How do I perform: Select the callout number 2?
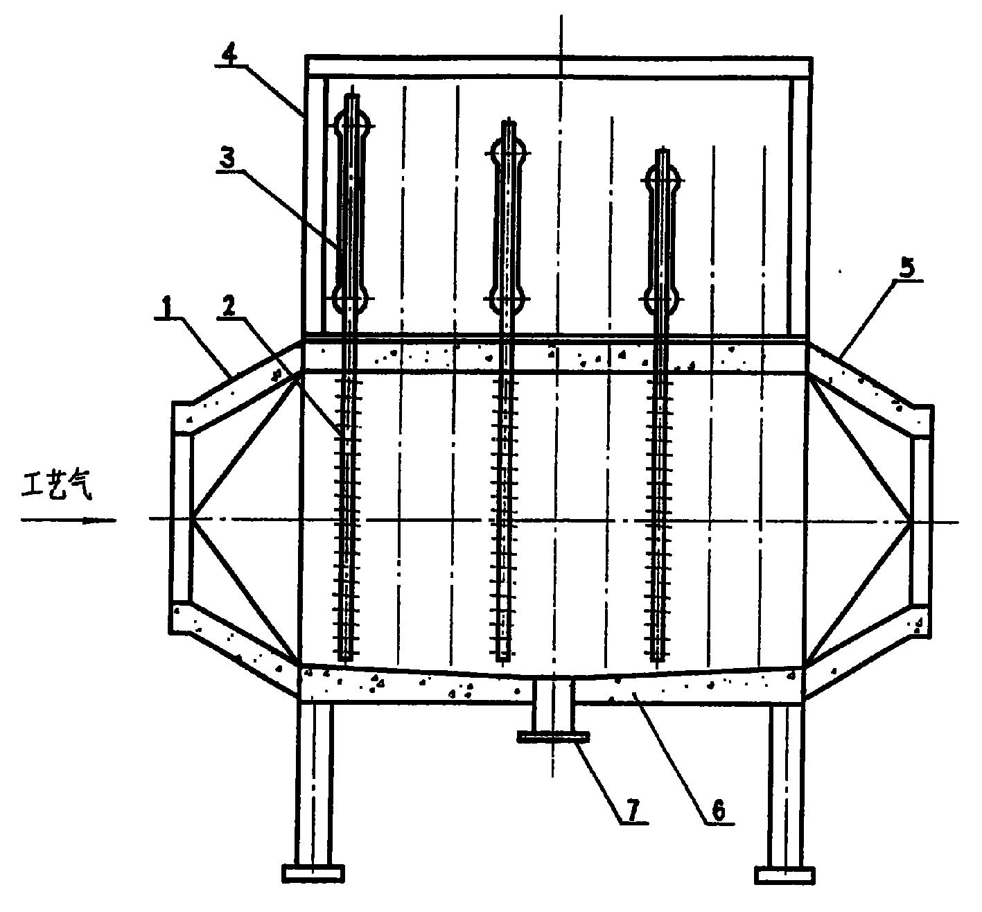(229, 308)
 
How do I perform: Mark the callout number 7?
(633, 809)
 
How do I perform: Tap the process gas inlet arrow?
(68, 520)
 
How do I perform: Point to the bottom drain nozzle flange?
(553, 737)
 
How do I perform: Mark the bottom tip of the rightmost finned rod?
(658, 659)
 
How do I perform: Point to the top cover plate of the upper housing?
(559, 67)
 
